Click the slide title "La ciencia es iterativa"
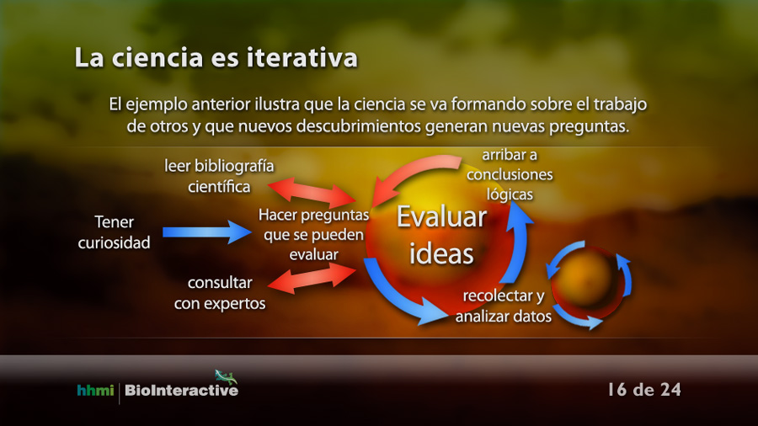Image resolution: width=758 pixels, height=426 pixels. (216, 58)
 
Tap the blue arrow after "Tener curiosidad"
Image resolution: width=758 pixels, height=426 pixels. (207, 232)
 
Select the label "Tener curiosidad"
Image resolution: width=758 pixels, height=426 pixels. (114, 232)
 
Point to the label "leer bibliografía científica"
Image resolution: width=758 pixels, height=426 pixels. (219, 176)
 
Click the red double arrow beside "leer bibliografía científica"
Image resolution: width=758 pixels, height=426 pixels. (312, 193)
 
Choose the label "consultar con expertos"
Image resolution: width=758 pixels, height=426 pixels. (220, 293)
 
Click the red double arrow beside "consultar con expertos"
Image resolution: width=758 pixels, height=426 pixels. (312, 279)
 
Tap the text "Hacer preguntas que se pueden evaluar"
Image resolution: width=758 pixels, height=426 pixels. (314, 235)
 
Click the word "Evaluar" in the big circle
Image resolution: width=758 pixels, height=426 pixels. (441, 217)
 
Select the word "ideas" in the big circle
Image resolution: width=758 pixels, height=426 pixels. (441, 253)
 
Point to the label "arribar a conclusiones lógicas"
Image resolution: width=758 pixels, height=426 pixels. (510, 174)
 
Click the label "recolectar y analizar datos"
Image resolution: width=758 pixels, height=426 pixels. (504, 306)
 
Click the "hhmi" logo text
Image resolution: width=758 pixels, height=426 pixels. (95, 390)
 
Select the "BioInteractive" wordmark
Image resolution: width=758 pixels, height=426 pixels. (181, 391)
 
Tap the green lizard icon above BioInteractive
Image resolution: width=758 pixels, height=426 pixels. (226, 376)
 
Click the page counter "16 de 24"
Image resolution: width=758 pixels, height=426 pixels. (644, 389)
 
